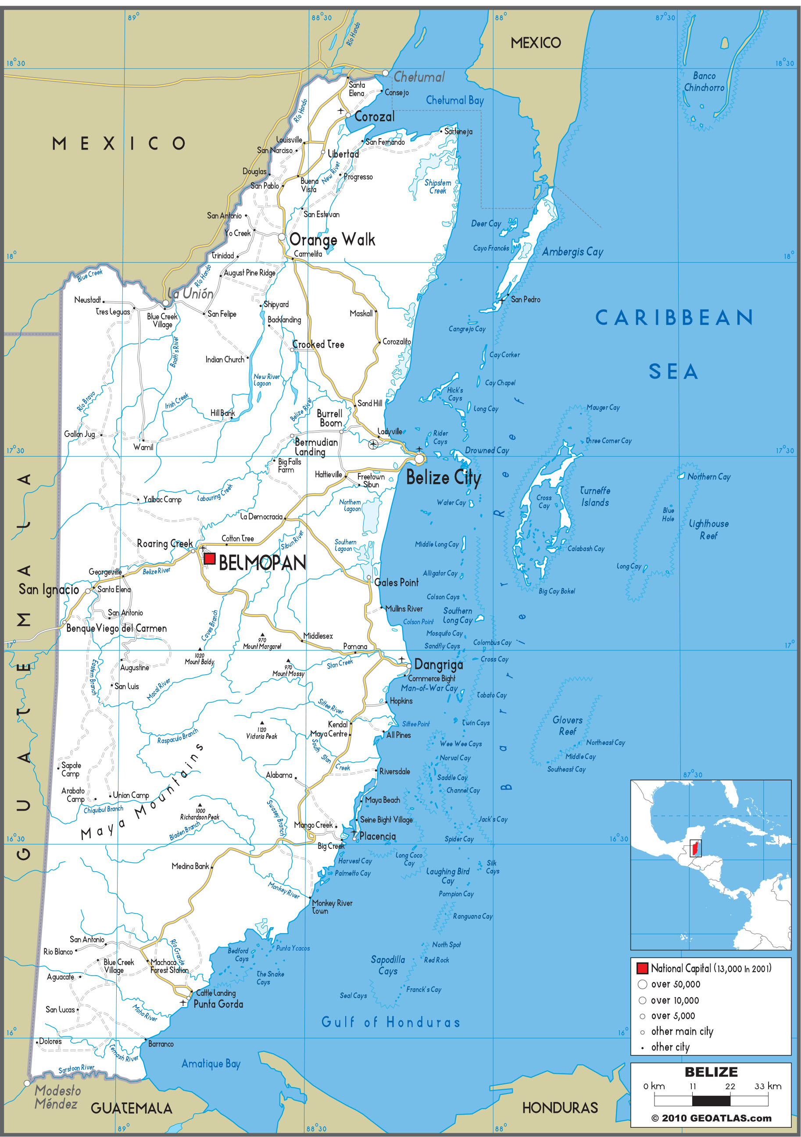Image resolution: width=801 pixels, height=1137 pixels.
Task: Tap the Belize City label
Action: (x=443, y=477)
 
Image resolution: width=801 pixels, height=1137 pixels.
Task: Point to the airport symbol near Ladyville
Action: (x=373, y=444)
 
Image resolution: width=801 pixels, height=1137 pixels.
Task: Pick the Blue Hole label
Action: (x=668, y=514)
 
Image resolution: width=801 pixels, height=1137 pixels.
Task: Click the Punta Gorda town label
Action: (x=218, y=1004)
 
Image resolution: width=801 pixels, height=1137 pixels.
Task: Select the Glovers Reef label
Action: (x=567, y=726)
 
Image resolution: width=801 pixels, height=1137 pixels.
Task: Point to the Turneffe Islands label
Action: (x=594, y=496)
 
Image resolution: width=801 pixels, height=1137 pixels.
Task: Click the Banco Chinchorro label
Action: (x=704, y=82)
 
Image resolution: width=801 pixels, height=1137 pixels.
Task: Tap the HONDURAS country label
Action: (x=560, y=1108)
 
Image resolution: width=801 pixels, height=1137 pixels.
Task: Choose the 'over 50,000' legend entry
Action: (x=675, y=984)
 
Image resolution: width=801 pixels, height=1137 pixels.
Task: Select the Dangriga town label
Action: (x=438, y=665)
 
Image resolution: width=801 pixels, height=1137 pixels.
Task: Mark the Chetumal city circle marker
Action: (x=385, y=73)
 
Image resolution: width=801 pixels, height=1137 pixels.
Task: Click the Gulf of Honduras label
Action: (x=390, y=1022)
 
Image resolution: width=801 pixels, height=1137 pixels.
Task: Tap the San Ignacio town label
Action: (x=49, y=589)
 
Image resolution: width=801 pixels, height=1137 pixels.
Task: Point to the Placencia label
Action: (x=377, y=837)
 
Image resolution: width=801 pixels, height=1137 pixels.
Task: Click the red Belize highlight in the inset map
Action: (x=695, y=848)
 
